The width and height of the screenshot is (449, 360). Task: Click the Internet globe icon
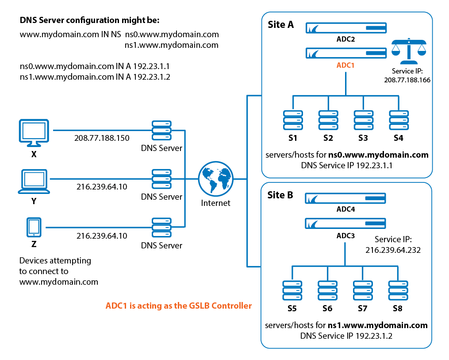(x=215, y=179)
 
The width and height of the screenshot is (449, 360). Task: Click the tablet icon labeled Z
(x=34, y=228)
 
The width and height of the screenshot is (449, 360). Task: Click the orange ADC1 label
(x=345, y=65)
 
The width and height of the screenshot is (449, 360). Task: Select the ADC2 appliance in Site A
(x=346, y=29)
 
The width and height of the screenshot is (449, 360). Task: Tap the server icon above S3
(x=363, y=120)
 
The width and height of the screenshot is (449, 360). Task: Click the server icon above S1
(x=292, y=120)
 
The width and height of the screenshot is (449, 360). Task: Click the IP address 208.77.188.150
(x=102, y=138)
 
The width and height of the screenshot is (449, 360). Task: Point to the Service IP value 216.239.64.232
(x=393, y=250)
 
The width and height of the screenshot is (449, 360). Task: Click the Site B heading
(x=280, y=195)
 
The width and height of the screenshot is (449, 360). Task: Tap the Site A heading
(x=280, y=24)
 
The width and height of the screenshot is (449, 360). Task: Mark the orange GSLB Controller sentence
(x=178, y=306)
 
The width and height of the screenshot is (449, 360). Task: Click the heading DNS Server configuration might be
(x=89, y=20)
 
